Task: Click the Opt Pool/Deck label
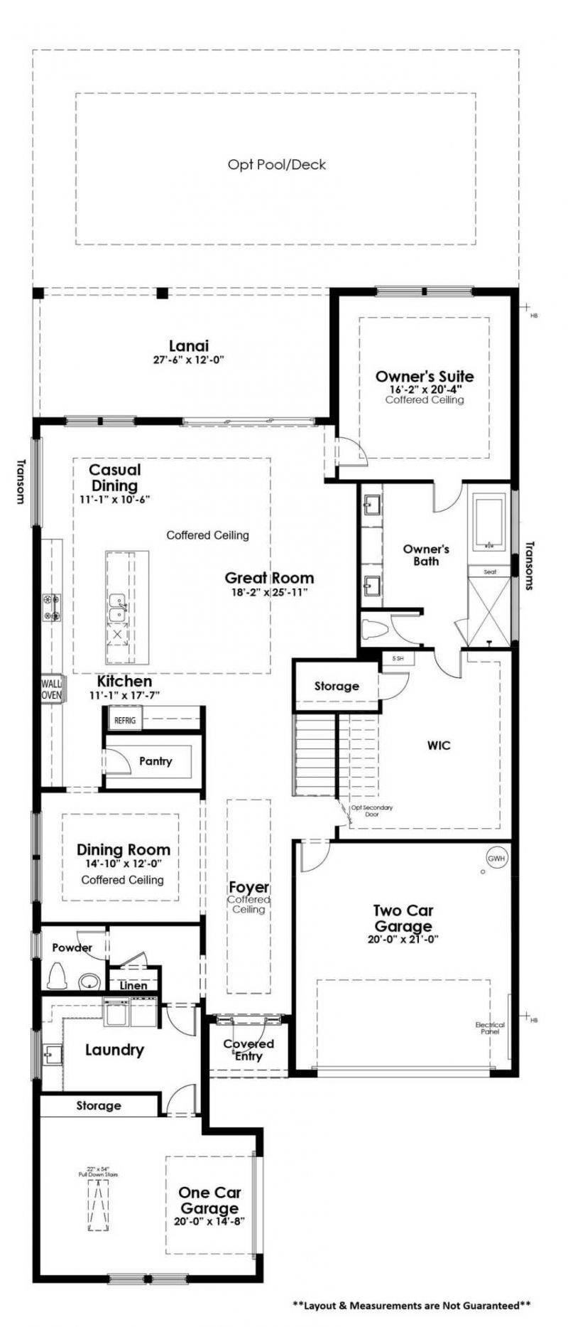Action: click(277, 164)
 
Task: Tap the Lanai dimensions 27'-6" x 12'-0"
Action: click(188, 360)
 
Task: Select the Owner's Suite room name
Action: click(425, 376)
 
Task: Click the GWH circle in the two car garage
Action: click(497, 858)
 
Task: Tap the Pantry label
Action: click(155, 761)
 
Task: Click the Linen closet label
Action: click(133, 985)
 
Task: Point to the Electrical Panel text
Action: click(490, 1028)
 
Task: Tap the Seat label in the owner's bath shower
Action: click(490, 571)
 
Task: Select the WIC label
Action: click(439, 746)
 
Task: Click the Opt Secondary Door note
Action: click(371, 811)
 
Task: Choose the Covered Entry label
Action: click(248, 1050)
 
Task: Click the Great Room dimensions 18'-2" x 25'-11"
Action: click(269, 593)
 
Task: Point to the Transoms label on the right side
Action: click(529, 566)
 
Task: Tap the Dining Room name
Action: click(124, 849)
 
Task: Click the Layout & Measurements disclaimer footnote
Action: click(412, 1305)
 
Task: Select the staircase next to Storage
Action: click(315, 755)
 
